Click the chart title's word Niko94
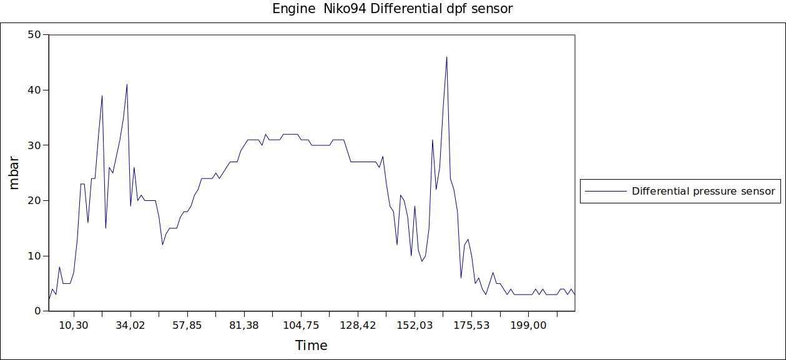click(345, 9)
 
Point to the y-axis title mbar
click(15, 172)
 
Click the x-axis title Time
click(311, 345)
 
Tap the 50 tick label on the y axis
click(34, 35)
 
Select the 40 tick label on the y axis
click(34, 90)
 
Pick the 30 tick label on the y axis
click(34, 145)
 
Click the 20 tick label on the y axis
click(34, 200)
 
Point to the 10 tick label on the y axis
click(34, 256)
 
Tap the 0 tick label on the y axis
click(37, 311)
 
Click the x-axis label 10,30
click(74, 325)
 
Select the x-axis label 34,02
click(130, 325)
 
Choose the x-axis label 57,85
click(187, 325)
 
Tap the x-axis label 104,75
click(301, 325)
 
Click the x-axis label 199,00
click(528, 325)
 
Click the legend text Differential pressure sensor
click(703, 191)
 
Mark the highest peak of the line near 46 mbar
click(447, 57)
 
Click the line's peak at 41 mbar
click(127, 85)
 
